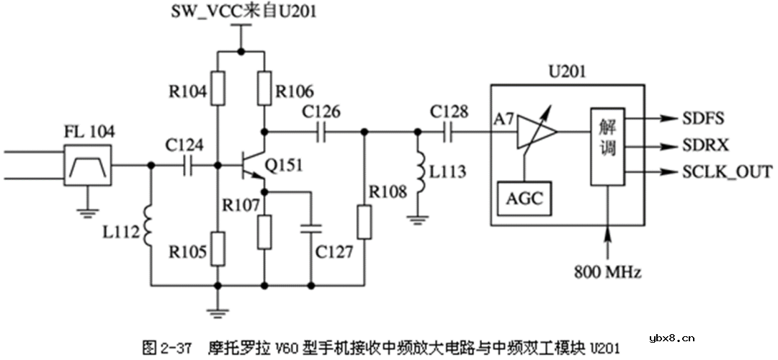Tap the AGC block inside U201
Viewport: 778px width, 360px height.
click(x=525, y=198)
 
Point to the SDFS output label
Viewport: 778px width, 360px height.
click(x=701, y=117)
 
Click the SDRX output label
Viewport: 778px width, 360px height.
click(x=702, y=145)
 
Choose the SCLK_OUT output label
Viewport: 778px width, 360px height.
click(x=725, y=172)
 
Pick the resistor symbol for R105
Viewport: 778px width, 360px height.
click(x=217, y=247)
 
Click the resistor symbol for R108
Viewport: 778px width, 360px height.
click(x=365, y=222)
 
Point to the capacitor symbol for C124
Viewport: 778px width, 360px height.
click(x=189, y=165)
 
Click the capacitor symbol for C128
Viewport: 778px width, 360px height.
click(x=449, y=132)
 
